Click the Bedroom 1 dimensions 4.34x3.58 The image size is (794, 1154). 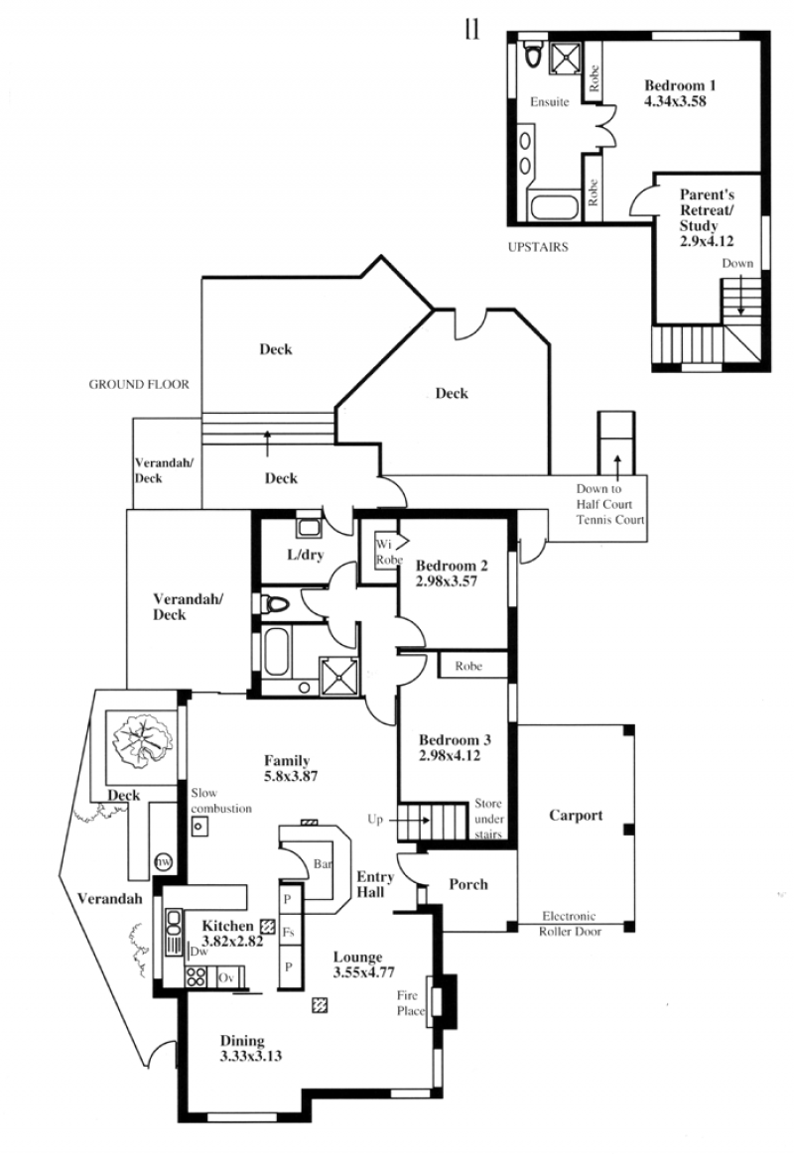pos(675,101)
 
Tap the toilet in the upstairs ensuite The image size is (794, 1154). pos(533,53)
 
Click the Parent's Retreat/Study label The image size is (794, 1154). pos(707,210)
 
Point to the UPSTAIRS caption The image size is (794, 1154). pos(538,247)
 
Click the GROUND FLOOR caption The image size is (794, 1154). pos(139,384)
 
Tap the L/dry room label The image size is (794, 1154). pos(306,555)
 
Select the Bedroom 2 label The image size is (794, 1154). pos(451,566)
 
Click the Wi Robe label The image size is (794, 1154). pos(388,552)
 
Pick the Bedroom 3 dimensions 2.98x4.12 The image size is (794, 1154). pos(450,755)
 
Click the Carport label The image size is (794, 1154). pos(576,816)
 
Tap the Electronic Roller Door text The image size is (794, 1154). pos(570,924)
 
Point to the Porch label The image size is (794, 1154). pos(468,885)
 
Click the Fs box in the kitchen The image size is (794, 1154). pos(289,933)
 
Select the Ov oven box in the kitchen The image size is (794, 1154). pos(227,978)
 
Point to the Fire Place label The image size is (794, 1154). pos(411,1003)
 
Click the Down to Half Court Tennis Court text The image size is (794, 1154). pos(610,504)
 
